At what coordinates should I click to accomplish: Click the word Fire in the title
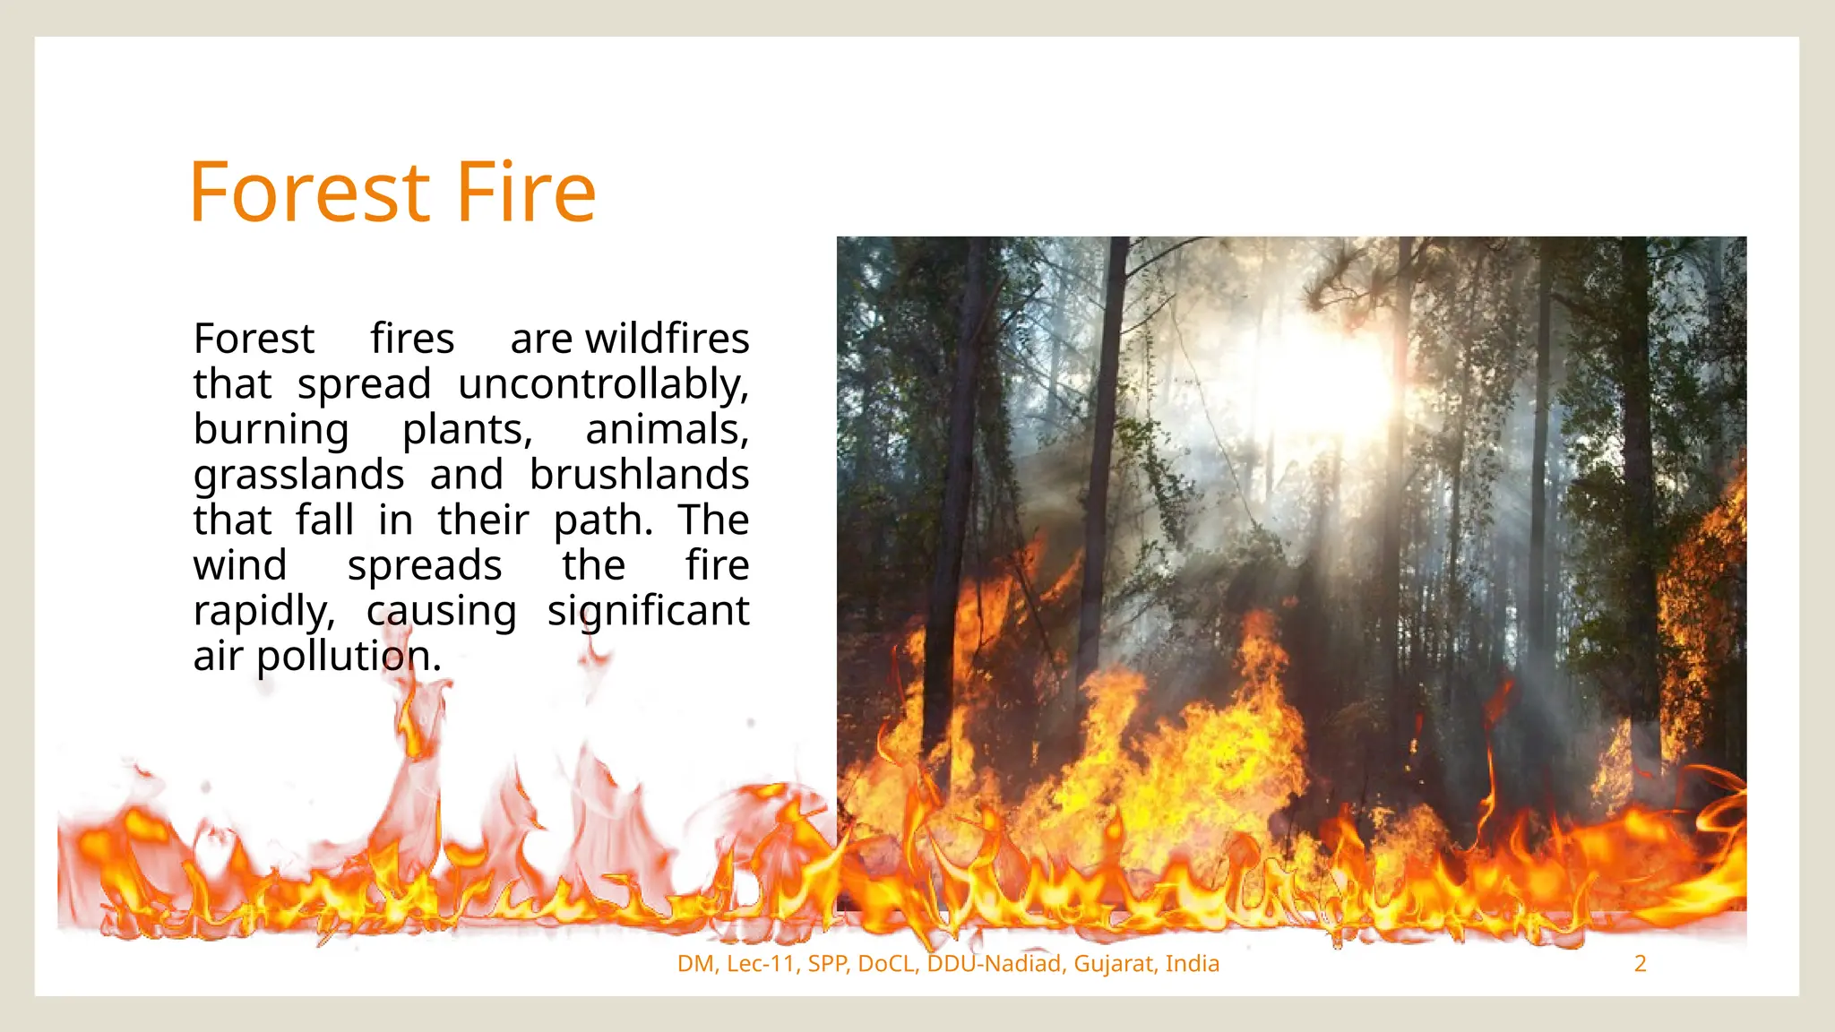[526, 193]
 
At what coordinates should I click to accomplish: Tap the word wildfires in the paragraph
[667, 340]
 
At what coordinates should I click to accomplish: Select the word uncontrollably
[603, 385]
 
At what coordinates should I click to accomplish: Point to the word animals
[667, 430]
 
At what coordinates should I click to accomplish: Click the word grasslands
[298, 476]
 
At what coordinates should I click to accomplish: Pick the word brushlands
[638, 476]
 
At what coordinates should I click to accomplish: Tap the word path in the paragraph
[602, 521]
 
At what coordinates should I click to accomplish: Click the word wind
[240, 566]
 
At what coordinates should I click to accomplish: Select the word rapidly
[263, 612]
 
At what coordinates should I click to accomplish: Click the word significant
[648, 612]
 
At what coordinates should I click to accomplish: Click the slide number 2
[1640, 964]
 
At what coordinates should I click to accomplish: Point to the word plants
[466, 430]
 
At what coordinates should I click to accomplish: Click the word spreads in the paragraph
[424, 566]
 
